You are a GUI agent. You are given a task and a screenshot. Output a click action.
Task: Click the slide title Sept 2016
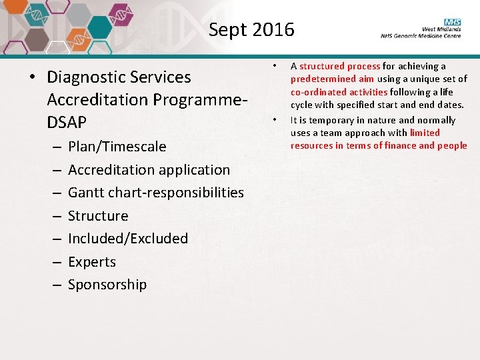coord(251,30)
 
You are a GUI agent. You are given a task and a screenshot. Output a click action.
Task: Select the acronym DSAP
coord(67,123)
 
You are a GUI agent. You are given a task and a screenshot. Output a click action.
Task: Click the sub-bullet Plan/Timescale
coord(117,147)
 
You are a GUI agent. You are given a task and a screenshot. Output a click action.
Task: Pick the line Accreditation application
coord(149,170)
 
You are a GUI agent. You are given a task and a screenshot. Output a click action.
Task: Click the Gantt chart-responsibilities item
coord(156,193)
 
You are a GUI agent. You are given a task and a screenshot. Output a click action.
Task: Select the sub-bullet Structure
coord(98,216)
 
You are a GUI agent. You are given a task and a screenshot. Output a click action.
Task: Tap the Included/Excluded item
coord(128,239)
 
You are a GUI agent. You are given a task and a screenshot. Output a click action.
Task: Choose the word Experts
coord(92,262)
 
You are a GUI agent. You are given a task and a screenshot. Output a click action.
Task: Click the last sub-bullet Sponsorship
coord(107,285)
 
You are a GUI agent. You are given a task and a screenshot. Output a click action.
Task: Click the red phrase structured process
coord(340,66)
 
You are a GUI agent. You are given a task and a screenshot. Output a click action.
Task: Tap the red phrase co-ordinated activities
coord(339,92)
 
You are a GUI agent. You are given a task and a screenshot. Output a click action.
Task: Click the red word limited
coord(425,133)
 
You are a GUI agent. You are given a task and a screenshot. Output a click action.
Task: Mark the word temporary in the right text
coord(325,120)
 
